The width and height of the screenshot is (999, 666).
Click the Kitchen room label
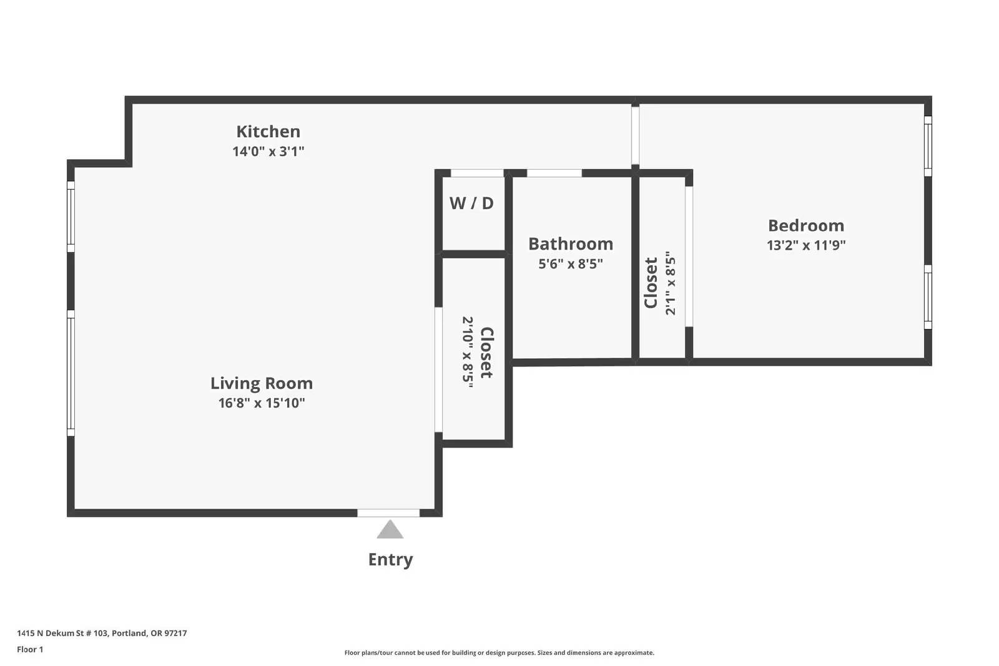268,132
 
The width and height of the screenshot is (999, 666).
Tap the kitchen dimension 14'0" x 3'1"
268,152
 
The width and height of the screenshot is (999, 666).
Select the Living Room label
262,383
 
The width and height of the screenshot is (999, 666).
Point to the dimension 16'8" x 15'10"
262,403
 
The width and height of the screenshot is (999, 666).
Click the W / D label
471,203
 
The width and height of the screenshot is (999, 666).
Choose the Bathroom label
571,244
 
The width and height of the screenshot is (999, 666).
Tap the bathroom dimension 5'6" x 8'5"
571,264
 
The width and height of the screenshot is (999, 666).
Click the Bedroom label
806,225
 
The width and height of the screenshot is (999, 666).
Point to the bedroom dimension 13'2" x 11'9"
806,245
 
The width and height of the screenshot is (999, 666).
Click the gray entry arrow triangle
390,531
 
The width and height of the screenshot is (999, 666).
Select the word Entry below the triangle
390,559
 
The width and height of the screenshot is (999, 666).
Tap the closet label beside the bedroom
651,283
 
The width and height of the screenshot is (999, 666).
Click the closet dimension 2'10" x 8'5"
467,352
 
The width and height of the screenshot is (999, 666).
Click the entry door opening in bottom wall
388,513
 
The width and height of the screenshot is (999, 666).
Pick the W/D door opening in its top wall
477,173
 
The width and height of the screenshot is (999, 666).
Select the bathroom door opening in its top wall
554,173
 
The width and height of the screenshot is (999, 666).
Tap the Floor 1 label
30,649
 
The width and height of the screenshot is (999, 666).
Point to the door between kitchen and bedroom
635,135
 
